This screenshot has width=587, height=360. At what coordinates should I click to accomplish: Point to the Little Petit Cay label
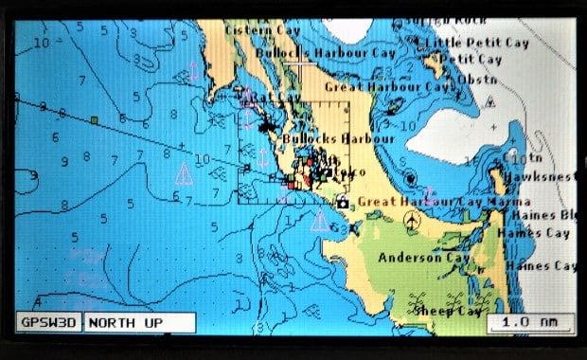[x=472, y=43]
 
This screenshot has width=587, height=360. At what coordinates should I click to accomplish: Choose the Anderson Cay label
[x=423, y=257]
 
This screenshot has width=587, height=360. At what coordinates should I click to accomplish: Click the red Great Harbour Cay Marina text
[x=443, y=201]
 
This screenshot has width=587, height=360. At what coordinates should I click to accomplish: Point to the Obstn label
[x=476, y=79]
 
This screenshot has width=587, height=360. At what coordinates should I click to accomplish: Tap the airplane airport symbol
[x=412, y=220]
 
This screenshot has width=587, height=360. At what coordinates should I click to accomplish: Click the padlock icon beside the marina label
[x=342, y=201]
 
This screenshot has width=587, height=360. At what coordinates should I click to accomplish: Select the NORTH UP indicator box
[x=139, y=323]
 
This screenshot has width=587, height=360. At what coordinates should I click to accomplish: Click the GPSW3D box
[x=50, y=323]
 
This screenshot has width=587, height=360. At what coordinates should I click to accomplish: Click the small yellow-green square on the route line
[x=95, y=120]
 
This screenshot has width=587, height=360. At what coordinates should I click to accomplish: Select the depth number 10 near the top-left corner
[x=41, y=43]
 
